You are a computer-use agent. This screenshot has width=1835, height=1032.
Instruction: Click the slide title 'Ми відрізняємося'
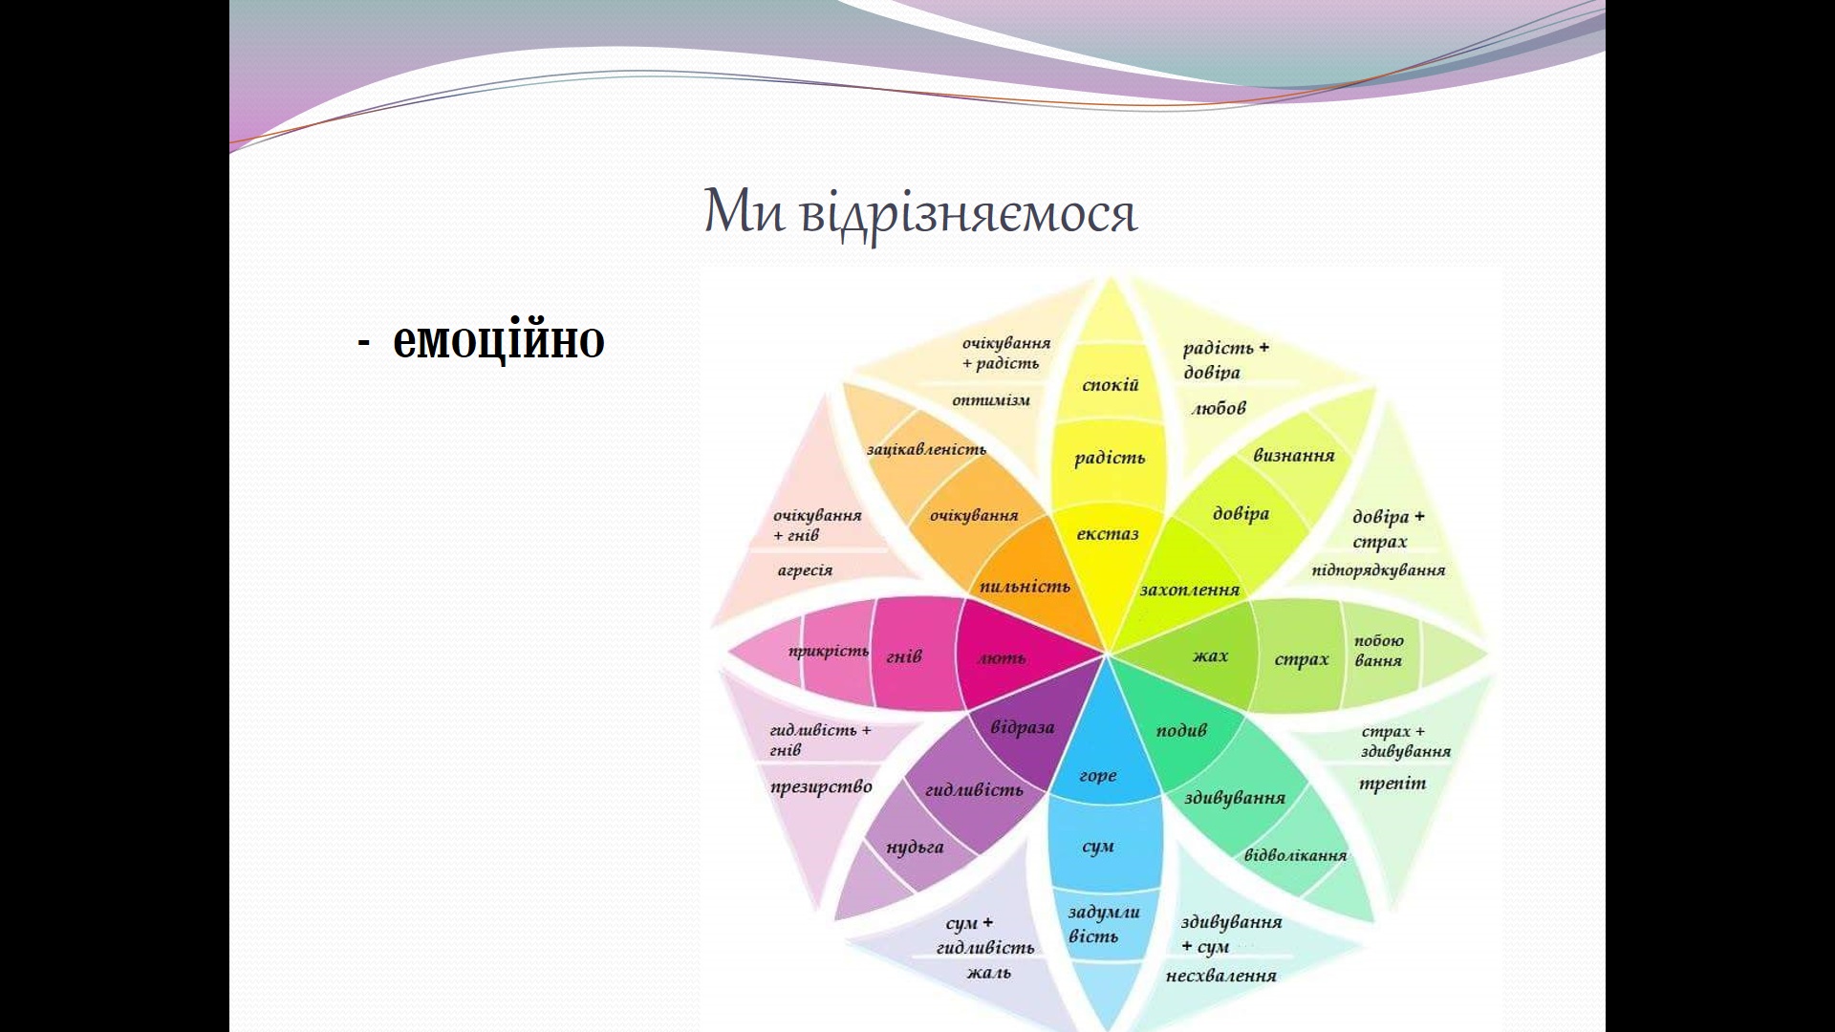[x=920, y=212]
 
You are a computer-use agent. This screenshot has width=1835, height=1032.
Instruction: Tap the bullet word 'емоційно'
[x=498, y=340]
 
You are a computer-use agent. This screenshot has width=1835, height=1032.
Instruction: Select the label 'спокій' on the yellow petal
[x=1111, y=385]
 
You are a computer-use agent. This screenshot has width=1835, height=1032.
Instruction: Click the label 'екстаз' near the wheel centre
[x=1108, y=533]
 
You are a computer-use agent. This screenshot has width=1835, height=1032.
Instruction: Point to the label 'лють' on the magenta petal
[x=1002, y=657]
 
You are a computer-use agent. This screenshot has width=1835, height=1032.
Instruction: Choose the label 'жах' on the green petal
[x=1210, y=656]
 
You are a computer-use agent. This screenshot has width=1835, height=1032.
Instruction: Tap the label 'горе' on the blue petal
[x=1097, y=776]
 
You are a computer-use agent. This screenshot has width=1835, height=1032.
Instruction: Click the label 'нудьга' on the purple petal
[x=915, y=848]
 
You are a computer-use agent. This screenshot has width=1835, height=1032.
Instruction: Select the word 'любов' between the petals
[x=1219, y=408]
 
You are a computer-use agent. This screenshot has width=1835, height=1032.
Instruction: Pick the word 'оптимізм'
[x=991, y=400]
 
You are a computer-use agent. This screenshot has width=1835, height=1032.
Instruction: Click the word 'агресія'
[x=805, y=570]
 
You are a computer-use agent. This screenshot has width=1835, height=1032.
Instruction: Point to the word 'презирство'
[x=821, y=787]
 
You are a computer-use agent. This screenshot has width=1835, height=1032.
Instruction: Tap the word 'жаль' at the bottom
[x=988, y=973]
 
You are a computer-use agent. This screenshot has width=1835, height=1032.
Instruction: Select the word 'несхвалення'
[x=1221, y=976]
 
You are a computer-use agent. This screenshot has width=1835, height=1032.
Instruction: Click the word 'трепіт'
[x=1392, y=784]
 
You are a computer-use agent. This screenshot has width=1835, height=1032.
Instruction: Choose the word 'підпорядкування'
[x=1378, y=570]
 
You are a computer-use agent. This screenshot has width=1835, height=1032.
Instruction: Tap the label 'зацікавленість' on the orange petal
[x=926, y=449]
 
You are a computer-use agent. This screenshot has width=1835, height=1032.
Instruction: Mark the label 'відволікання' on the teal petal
[x=1295, y=855]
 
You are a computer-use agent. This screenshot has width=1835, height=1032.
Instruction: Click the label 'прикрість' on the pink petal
[x=829, y=652]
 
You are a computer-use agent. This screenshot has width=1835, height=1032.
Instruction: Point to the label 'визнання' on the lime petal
[x=1294, y=456]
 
